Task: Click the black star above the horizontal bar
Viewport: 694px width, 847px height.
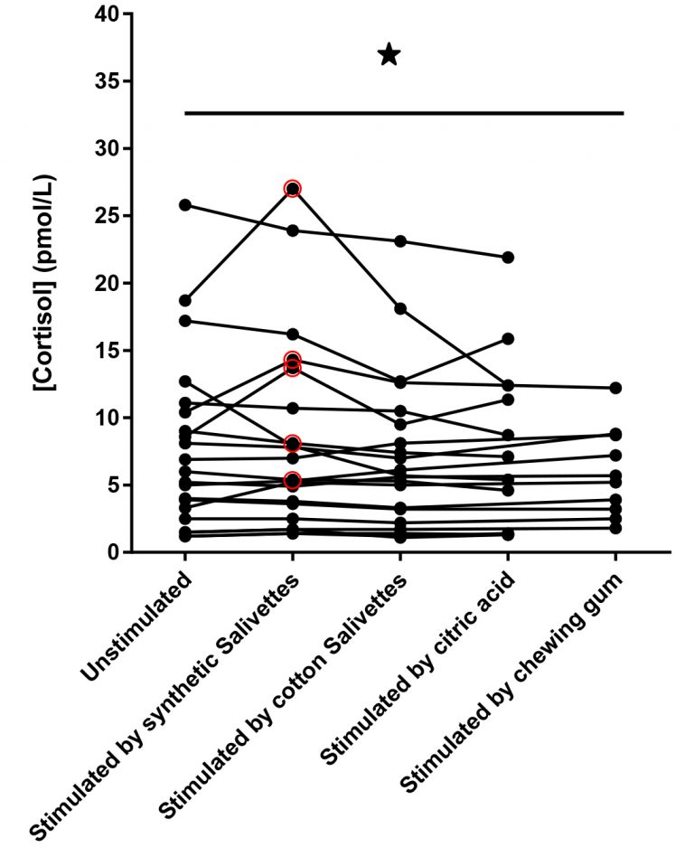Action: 389,55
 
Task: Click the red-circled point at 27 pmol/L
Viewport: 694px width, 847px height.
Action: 292,188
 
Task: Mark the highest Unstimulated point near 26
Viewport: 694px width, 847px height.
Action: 185,205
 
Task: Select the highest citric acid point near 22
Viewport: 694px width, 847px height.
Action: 508,258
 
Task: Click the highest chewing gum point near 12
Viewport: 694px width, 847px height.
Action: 615,388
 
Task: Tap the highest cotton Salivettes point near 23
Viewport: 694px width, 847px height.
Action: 400,241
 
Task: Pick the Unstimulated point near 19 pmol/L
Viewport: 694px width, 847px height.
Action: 185,300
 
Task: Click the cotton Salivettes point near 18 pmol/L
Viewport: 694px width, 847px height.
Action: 400,309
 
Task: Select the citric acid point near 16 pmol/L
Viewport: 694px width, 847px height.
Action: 508,339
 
